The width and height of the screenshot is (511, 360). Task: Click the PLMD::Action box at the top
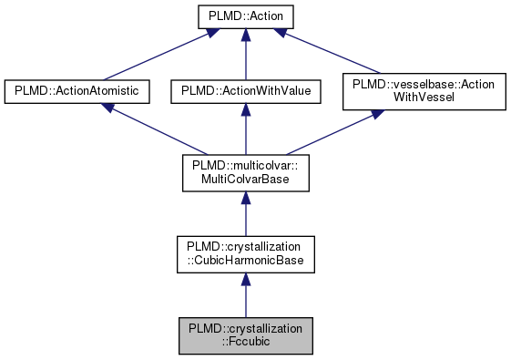coord(244,16)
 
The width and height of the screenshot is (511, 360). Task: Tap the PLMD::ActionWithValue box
coord(244,91)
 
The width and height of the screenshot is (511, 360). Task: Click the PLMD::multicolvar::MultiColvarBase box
coord(244,173)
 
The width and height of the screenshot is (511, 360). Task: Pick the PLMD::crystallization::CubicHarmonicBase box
coord(244,254)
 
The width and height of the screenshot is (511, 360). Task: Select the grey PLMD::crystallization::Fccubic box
coord(244,335)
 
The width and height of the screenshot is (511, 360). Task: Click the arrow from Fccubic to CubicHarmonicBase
coord(244,296)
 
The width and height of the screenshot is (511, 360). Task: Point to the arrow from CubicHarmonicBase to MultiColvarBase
coord(244,215)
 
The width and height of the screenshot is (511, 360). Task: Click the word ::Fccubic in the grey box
coord(244,343)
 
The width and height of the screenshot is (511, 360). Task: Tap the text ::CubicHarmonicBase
coord(244,262)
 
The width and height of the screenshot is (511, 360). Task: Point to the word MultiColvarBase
coord(244,180)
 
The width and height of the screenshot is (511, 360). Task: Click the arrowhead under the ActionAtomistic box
coord(107,108)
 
